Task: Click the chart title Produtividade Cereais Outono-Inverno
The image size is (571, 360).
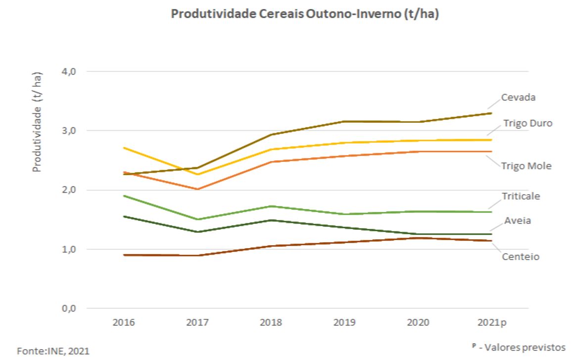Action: tap(305, 14)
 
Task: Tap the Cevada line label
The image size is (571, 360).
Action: tap(518, 98)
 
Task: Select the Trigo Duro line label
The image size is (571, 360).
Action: tap(527, 123)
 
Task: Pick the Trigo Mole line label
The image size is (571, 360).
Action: tap(526, 166)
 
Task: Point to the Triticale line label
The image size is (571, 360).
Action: tap(521, 196)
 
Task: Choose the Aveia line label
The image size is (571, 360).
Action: tap(518, 220)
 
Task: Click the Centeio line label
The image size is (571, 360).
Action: tap(520, 257)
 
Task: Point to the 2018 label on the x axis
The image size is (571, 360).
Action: tap(271, 323)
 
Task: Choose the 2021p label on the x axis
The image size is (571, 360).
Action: tap(492, 323)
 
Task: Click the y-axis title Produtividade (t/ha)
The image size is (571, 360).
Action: tap(38, 122)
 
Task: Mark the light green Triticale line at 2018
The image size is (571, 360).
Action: tap(271, 206)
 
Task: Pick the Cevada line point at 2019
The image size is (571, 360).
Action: tap(344, 121)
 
